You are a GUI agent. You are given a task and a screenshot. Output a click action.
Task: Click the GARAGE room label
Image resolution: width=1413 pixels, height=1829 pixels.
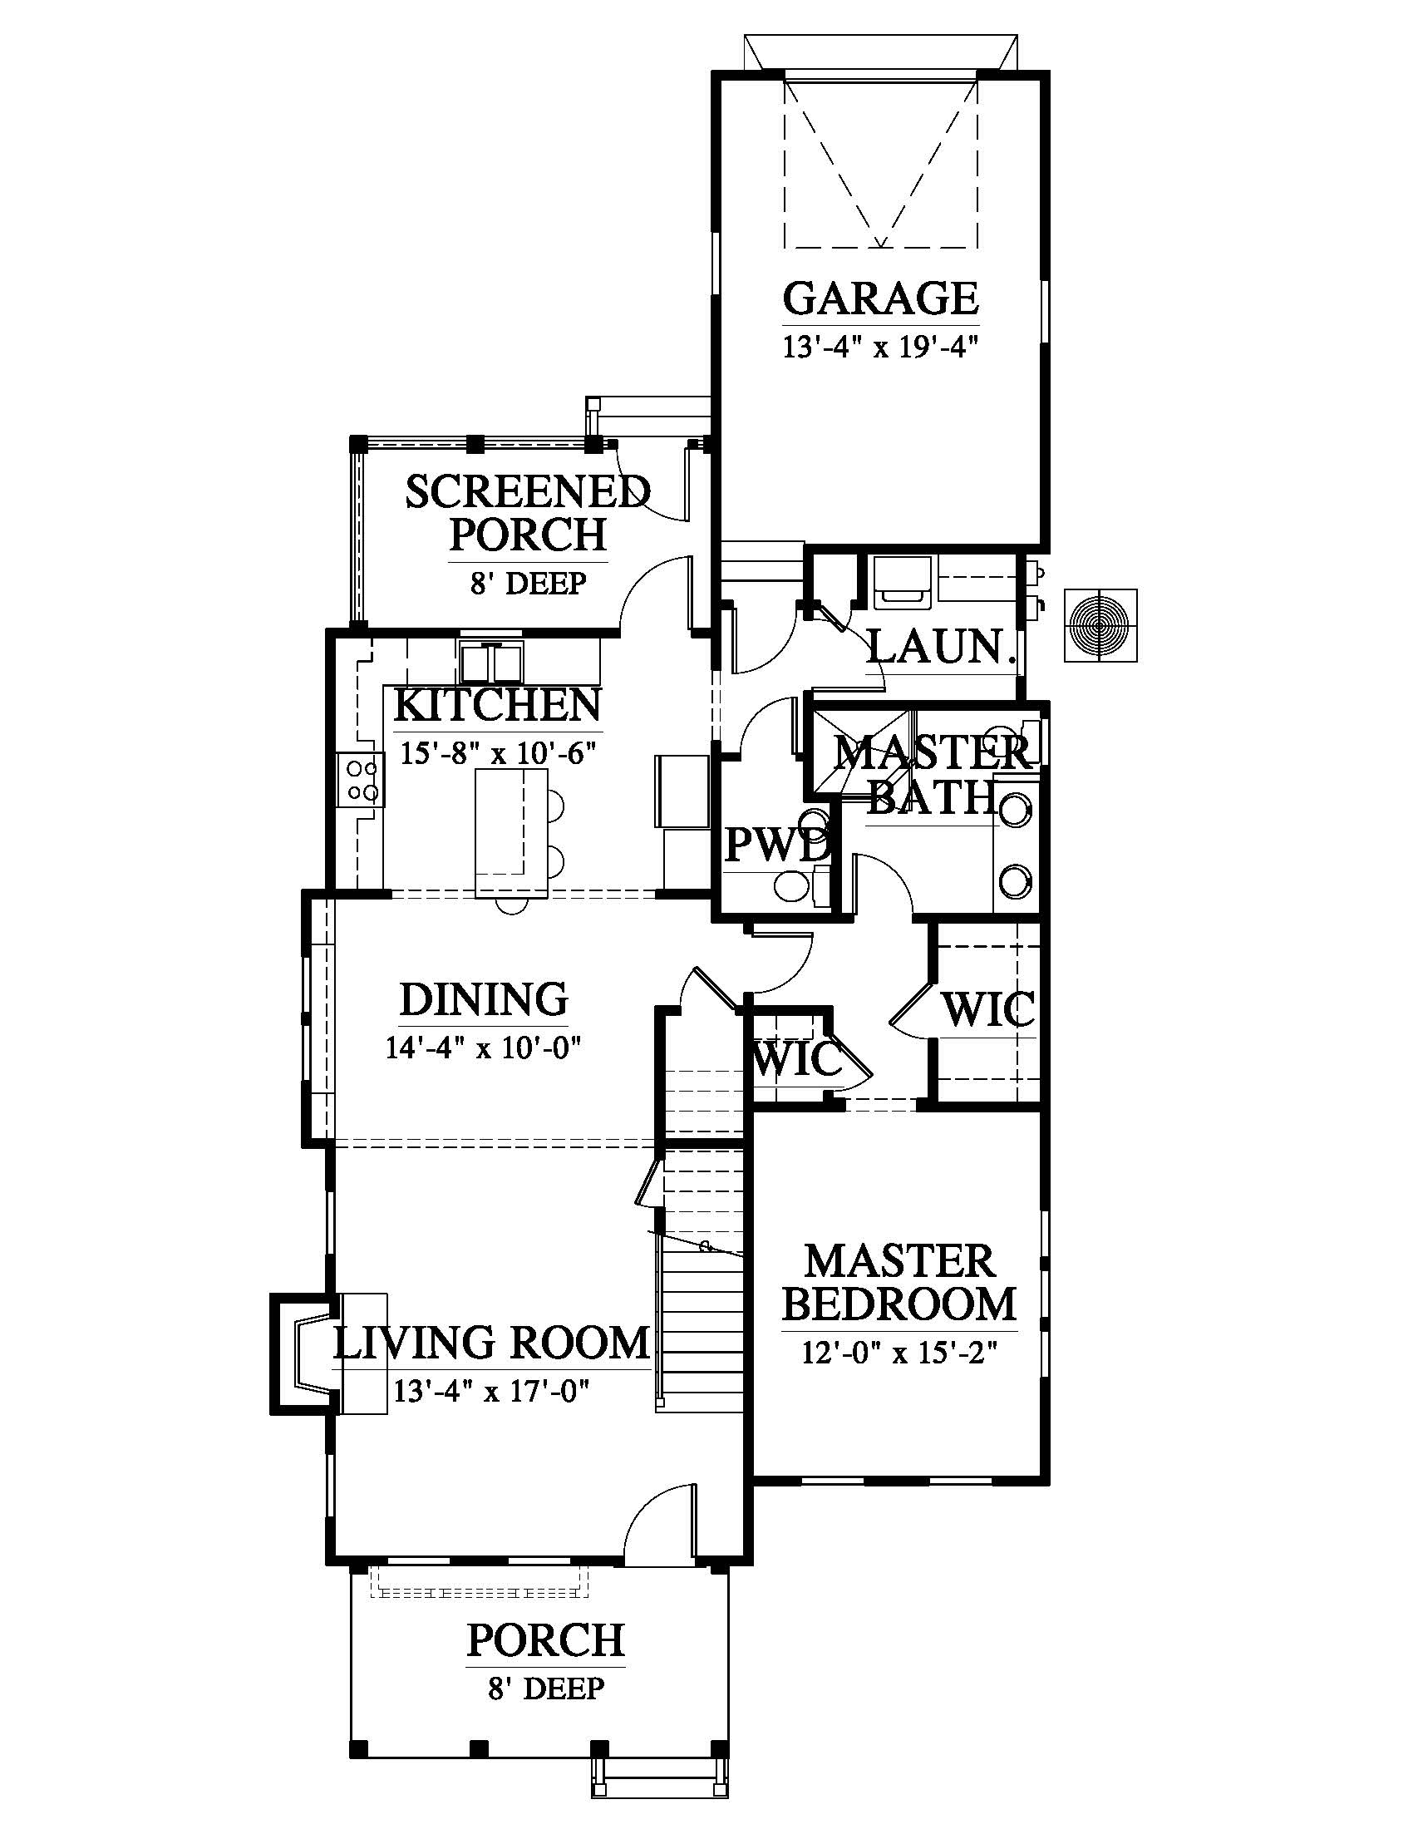[880, 298]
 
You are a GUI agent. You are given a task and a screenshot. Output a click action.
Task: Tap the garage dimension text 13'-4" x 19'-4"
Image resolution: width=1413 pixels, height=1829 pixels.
[880, 347]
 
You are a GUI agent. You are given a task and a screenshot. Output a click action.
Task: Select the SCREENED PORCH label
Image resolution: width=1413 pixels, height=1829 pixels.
[528, 512]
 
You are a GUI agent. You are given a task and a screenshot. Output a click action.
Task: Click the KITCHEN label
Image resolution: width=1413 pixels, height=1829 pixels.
[497, 705]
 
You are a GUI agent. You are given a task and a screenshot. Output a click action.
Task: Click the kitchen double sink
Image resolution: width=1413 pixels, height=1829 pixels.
[490, 663]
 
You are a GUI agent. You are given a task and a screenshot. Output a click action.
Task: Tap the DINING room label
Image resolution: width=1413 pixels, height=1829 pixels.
[484, 999]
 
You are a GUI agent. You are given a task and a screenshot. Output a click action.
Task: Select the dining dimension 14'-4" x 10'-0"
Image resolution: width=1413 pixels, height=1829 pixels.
[483, 1048]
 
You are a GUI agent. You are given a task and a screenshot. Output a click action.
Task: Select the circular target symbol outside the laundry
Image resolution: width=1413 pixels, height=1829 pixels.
[1100, 625]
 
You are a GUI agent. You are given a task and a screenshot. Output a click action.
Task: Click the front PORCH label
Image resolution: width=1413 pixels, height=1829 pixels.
[546, 1640]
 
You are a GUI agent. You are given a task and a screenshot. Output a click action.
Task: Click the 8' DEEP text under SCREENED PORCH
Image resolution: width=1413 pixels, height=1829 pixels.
[527, 583]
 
